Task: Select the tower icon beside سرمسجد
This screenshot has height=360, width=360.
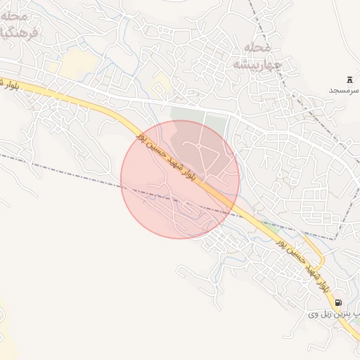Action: click(349, 79)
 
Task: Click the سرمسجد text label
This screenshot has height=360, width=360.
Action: click(344, 91)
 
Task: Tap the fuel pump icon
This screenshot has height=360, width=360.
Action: click(338, 302)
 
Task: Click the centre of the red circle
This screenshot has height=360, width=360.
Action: click(180, 179)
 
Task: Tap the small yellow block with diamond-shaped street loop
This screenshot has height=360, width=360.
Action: click(160, 86)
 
